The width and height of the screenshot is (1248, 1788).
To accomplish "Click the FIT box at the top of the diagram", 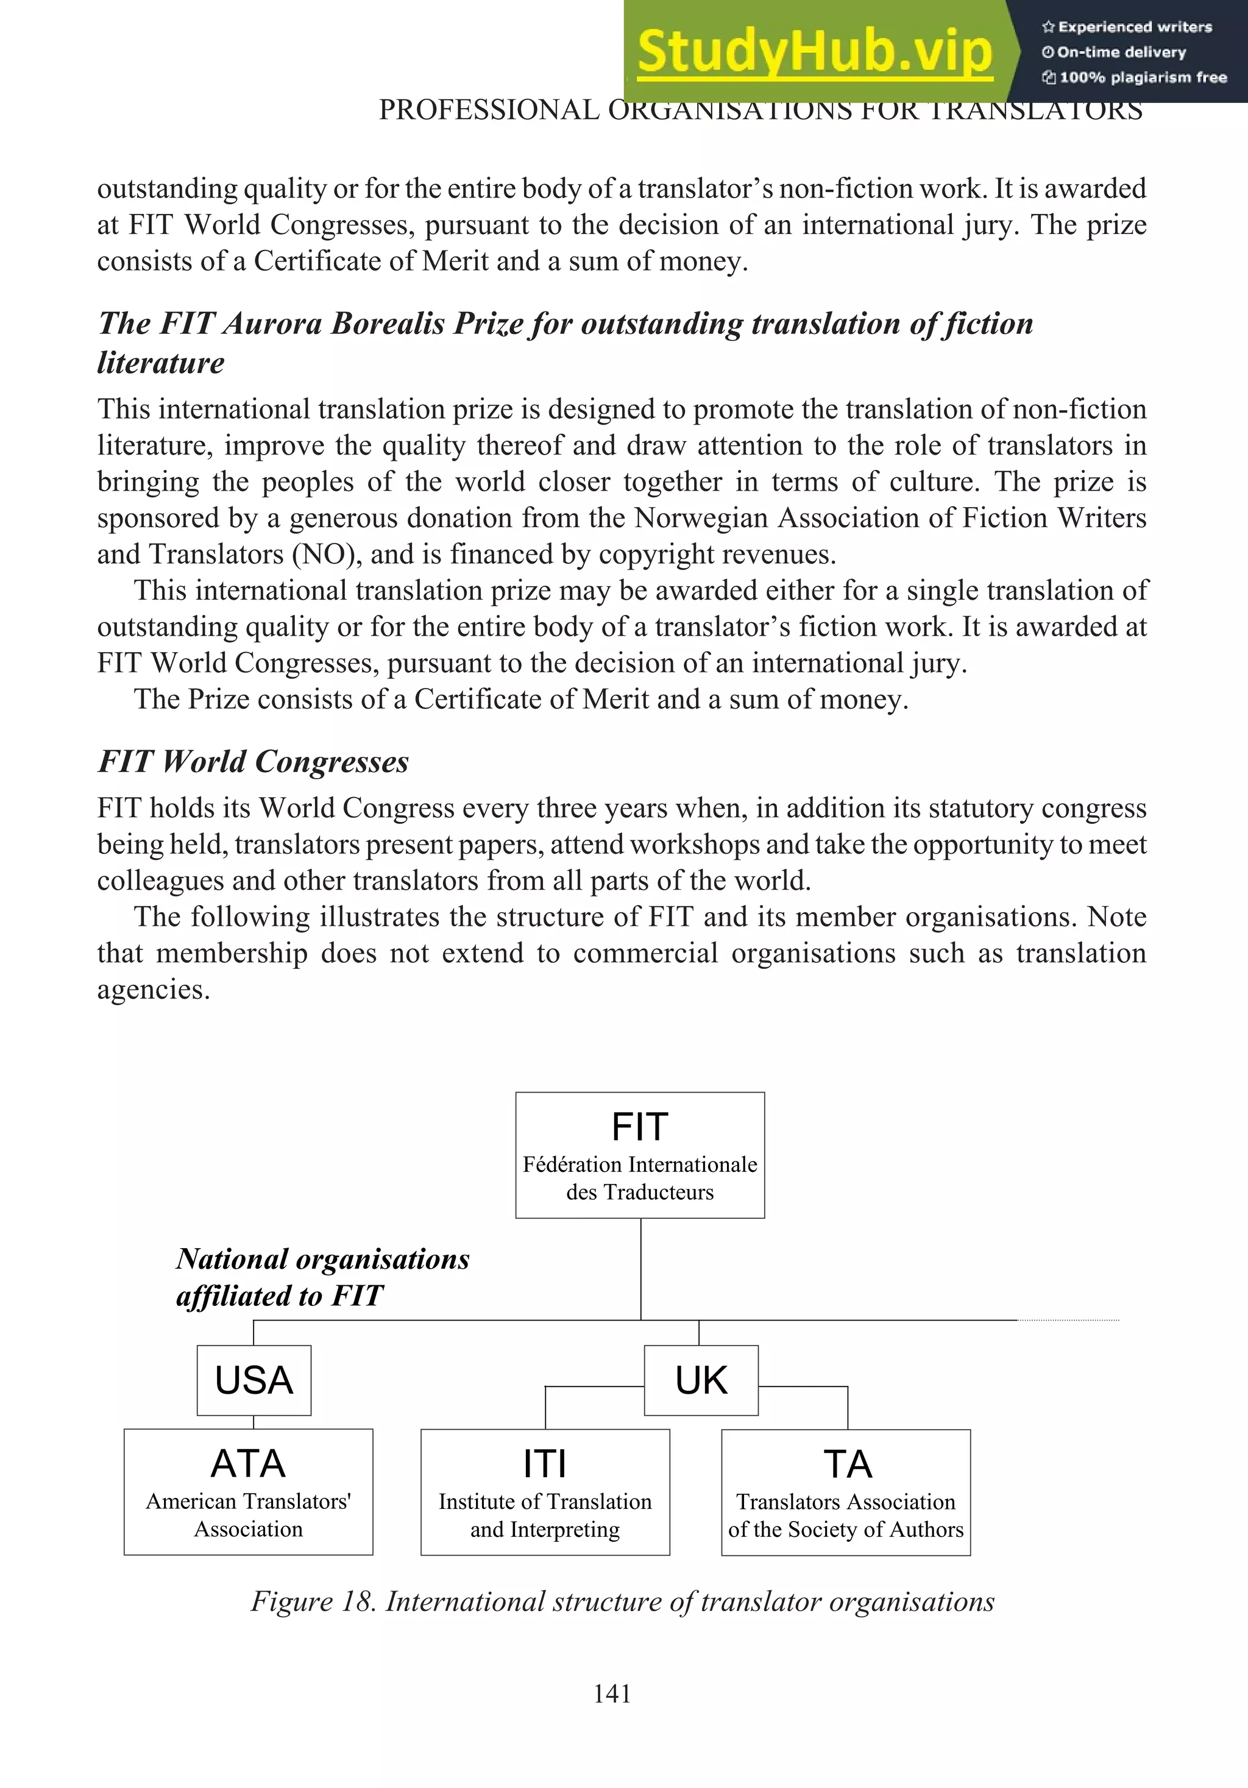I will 640,1155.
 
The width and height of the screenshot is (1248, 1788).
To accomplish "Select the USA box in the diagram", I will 253,1381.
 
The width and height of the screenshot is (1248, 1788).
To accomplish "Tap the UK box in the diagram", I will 701,1381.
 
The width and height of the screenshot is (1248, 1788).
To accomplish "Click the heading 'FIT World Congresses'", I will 253,762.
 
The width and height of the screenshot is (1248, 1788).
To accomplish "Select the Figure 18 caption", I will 622,1602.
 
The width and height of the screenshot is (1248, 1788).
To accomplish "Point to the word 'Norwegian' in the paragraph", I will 701,518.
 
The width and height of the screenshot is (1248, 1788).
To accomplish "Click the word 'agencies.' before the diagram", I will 154,990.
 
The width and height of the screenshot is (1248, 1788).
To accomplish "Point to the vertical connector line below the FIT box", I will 640,1269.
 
